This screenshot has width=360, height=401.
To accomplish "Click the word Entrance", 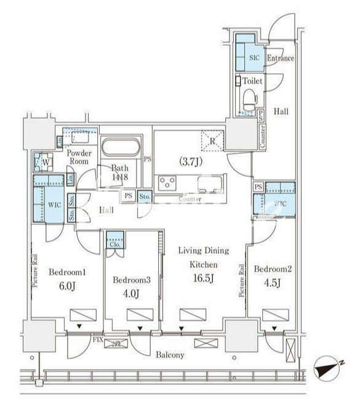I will (x=281, y=59).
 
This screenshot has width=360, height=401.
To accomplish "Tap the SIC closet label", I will (x=254, y=58).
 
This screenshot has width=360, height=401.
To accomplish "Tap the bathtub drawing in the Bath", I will (x=121, y=150).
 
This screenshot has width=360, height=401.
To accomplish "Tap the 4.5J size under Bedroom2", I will (x=271, y=283).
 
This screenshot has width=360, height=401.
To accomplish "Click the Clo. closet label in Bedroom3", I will (x=114, y=244).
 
